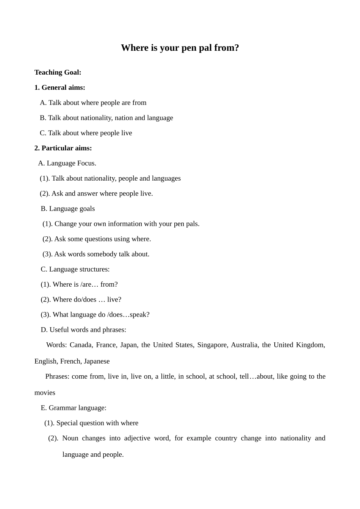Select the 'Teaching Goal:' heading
(x=58, y=72)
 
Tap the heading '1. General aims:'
(x=59, y=87)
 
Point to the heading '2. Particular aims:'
(x=63, y=148)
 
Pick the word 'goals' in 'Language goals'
(x=87, y=209)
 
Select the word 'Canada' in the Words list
(x=81, y=345)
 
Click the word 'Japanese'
(x=97, y=361)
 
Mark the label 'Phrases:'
(x=57, y=376)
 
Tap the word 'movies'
(x=45, y=393)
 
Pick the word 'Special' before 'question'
(x=67, y=423)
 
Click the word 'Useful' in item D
(x=58, y=330)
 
